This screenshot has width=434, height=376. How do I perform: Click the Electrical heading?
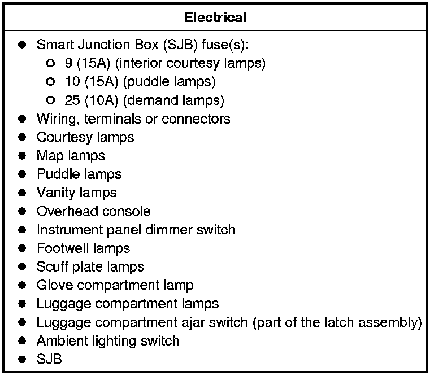[x=215, y=17]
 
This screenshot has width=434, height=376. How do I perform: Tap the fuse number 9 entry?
[x=68, y=63]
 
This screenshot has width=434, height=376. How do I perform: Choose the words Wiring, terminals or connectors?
[x=133, y=119]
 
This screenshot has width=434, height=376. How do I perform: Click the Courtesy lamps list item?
[x=85, y=137]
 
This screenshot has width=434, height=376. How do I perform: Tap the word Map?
[x=50, y=155]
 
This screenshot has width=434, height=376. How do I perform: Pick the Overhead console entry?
[x=94, y=211]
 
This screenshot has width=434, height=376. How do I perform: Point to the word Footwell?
[x=59, y=248]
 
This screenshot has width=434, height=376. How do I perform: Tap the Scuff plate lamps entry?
[x=90, y=266]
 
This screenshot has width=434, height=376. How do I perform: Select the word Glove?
[x=52, y=285]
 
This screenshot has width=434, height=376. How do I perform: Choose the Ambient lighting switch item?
[x=108, y=340]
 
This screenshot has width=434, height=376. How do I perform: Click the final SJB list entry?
[x=49, y=359]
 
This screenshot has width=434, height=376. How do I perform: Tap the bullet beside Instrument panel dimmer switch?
[x=23, y=230]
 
